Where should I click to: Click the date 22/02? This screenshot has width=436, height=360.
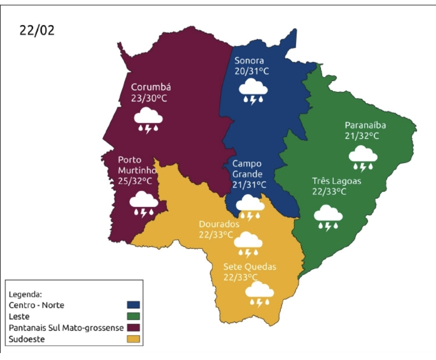[x=37, y=30]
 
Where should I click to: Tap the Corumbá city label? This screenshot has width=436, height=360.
[x=151, y=87]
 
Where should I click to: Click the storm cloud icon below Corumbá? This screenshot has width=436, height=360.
[x=148, y=120]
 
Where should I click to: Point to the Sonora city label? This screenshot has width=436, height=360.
[x=249, y=61]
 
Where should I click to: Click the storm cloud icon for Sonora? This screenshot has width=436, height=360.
[x=253, y=91]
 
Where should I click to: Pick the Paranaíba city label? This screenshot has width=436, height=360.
[x=365, y=125]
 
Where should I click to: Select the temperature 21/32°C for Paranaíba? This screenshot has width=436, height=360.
[x=362, y=136]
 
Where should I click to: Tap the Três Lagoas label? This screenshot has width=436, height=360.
[x=336, y=181]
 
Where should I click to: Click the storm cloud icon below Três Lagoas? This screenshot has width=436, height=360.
[x=328, y=217]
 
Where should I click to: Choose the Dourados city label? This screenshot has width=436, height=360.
[x=219, y=224]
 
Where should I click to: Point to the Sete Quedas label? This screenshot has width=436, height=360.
[x=249, y=267]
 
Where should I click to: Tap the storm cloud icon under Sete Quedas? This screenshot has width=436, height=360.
[x=259, y=294]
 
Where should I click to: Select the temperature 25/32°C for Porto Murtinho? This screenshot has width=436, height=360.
[x=135, y=181]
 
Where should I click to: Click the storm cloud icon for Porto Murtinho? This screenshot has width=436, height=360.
[x=143, y=204]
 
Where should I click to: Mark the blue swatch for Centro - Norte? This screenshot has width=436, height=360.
[x=133, y=305]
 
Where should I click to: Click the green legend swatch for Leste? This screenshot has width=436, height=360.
[x=133, y=317]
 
